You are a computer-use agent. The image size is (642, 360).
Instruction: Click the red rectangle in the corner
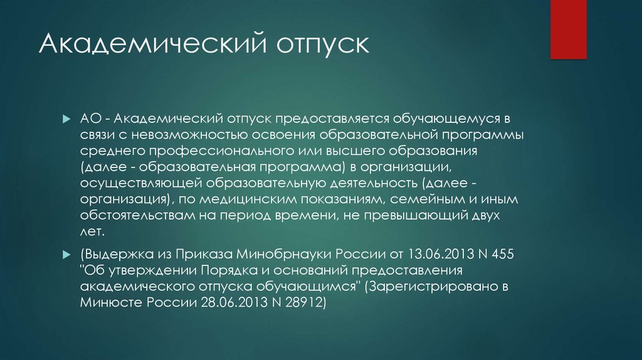coord(568,29)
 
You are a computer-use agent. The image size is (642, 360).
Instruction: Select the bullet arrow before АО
coord(66,119)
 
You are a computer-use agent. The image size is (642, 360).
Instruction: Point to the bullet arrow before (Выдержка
coord(66,255)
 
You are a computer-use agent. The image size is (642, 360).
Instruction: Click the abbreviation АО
coord(90,119)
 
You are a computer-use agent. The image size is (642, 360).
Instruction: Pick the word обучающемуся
coord(447,119)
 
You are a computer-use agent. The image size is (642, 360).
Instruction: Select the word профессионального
coord(221,151)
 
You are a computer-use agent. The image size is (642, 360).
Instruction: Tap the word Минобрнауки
coord(284,255)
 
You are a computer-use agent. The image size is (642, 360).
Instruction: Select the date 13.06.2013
coord(441,255)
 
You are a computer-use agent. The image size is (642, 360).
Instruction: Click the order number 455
coord(502,255)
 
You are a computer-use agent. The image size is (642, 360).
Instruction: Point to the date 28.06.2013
coord(234,303)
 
